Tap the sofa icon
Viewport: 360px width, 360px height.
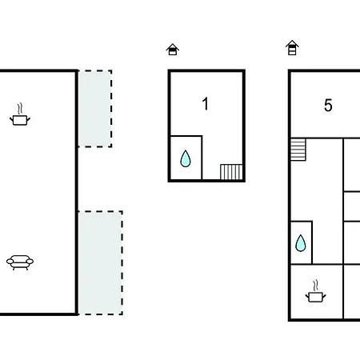pyautogui.click(x=20, y=262)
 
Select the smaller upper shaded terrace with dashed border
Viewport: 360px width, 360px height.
pyautogui.click(x=95, y=109)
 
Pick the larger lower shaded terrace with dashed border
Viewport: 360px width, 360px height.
pyautogui.click(x=100, y=263)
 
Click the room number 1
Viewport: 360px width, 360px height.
pyautogui.click(x=205, y=104)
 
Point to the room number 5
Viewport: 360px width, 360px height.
pyautogui.click(x=328, y=106)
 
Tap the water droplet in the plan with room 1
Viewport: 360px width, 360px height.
pyautogui.click(x=186, y=159)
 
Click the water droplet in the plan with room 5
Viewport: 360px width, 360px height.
pyautogui.click(x=301, y=243)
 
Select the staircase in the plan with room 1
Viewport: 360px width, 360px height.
pyautogui.click(x=231, y=172)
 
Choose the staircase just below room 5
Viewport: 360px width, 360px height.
pyautogui.click(x=298, y=150)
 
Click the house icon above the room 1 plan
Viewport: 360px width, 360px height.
pyautogui.click(x=173, y=50)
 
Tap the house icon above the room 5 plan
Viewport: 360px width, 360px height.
pyautogui.click(x=292, y=48)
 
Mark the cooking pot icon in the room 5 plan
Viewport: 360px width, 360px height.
pyautogui.click(x=315, y=291)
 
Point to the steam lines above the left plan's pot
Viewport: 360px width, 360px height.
pyautogui.click(x=19, y=109)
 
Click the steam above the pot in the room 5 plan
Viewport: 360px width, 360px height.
pyautogui.click(x=316, y=285)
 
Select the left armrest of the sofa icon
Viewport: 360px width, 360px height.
pyautogui.click(x=10, y=262)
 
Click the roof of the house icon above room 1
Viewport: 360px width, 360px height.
pyautogui.click(x=173, y=46)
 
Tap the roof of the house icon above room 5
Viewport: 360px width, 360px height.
pyautogui.click(x=292, y=43)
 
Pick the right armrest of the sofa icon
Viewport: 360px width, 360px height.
pyautogui.click(x=30, y=262)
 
